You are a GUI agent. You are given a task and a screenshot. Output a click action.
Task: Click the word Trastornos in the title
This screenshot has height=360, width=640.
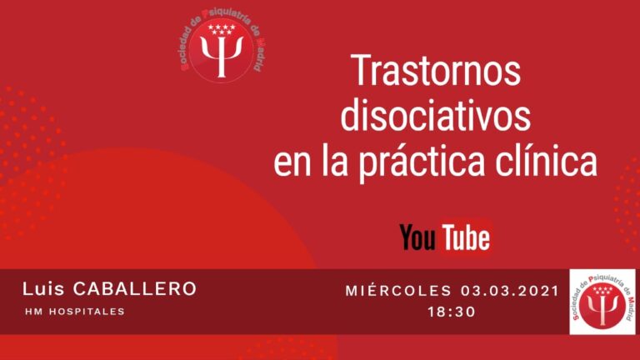[436, 72]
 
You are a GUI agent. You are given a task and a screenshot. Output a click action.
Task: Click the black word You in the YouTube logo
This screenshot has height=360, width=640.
[417, 237]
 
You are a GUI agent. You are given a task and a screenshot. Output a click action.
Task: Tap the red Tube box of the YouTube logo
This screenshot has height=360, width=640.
[466, 237]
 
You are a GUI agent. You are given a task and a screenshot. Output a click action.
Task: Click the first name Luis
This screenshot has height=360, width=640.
[46, 289]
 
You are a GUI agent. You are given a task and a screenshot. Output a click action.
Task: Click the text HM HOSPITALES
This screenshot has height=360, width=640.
[74, 312]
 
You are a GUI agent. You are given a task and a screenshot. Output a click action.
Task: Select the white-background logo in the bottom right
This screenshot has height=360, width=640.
[602, 302]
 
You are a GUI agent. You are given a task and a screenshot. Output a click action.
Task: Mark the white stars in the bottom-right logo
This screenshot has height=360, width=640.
[602, 291]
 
